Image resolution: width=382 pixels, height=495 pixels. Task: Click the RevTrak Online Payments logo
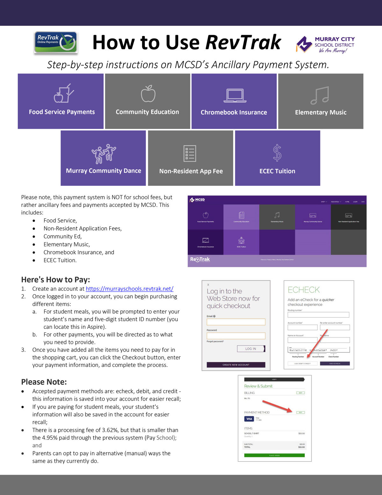(x=56, y=42)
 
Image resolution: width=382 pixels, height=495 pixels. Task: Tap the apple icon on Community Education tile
(x=148, y=94)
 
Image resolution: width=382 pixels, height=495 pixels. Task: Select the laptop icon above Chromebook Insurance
(x=235, y=95)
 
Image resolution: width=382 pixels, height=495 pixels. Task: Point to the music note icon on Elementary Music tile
(x=320, y=95)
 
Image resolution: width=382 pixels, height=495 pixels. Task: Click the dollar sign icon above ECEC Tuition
(x=277, y=153)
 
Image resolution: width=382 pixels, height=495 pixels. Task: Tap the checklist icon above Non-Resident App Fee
(x=190, y=153)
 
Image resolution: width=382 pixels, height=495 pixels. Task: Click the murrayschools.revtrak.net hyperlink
(x=130, y=289)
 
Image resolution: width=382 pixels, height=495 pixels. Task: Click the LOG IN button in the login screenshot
(x=251, y=349)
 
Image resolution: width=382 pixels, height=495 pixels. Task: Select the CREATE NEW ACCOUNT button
(x=236, y=365)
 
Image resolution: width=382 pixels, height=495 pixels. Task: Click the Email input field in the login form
(x=236, y=322)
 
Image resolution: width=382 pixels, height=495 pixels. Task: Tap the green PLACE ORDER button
(x=274, y=455)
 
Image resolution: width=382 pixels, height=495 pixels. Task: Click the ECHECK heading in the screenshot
(x=304, y=290)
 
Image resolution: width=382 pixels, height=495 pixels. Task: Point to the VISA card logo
(x=249, y=419)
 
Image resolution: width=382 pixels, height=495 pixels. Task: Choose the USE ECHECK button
(x=335, y=363)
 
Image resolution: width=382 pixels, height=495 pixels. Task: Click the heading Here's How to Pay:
(x=56, y=280)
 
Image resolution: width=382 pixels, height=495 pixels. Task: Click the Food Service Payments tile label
(x=62, y=112)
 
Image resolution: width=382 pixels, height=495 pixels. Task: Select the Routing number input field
(x=318, y=315)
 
